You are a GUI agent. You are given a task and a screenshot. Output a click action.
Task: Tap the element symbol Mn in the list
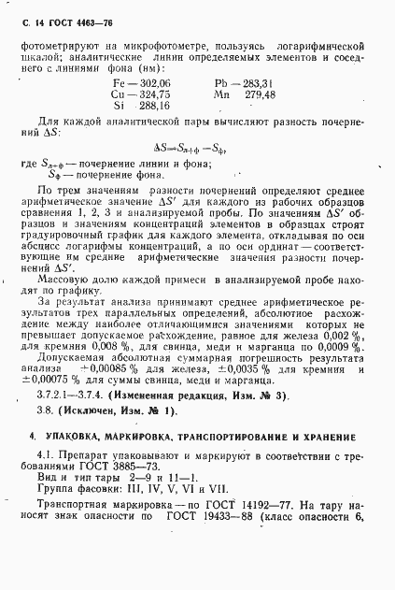(221, 94)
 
